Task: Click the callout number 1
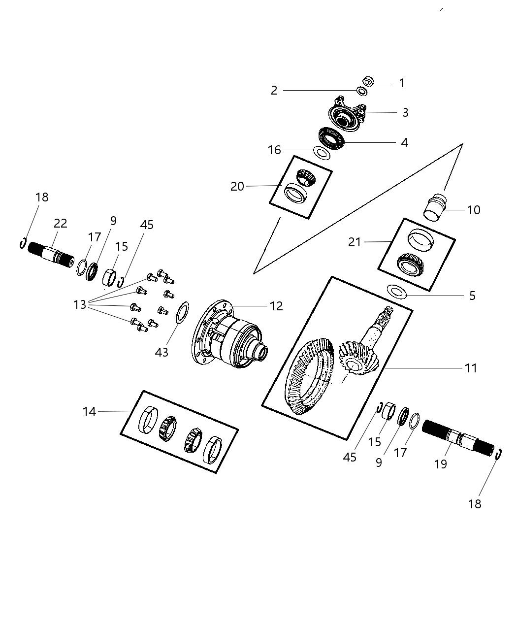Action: click(x=402, y=83)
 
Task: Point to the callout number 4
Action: click(x=404, y=142)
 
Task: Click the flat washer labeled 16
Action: click(x=322, y=153)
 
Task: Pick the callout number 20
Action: click(x=237, y=187)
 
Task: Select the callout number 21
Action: click(x=355, y=242)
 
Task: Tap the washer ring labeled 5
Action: click(x=396, y=292)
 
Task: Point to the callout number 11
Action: click(x=471, y=368)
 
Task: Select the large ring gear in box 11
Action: click(x=308, y=377)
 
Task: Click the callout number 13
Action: click(x=80, y=305)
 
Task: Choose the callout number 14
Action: click(x=89, y=411)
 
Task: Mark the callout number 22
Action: click(x=60, y=223)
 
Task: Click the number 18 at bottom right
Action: click(x=475, y=504)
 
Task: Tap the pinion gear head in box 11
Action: click(x=357, y=362)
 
